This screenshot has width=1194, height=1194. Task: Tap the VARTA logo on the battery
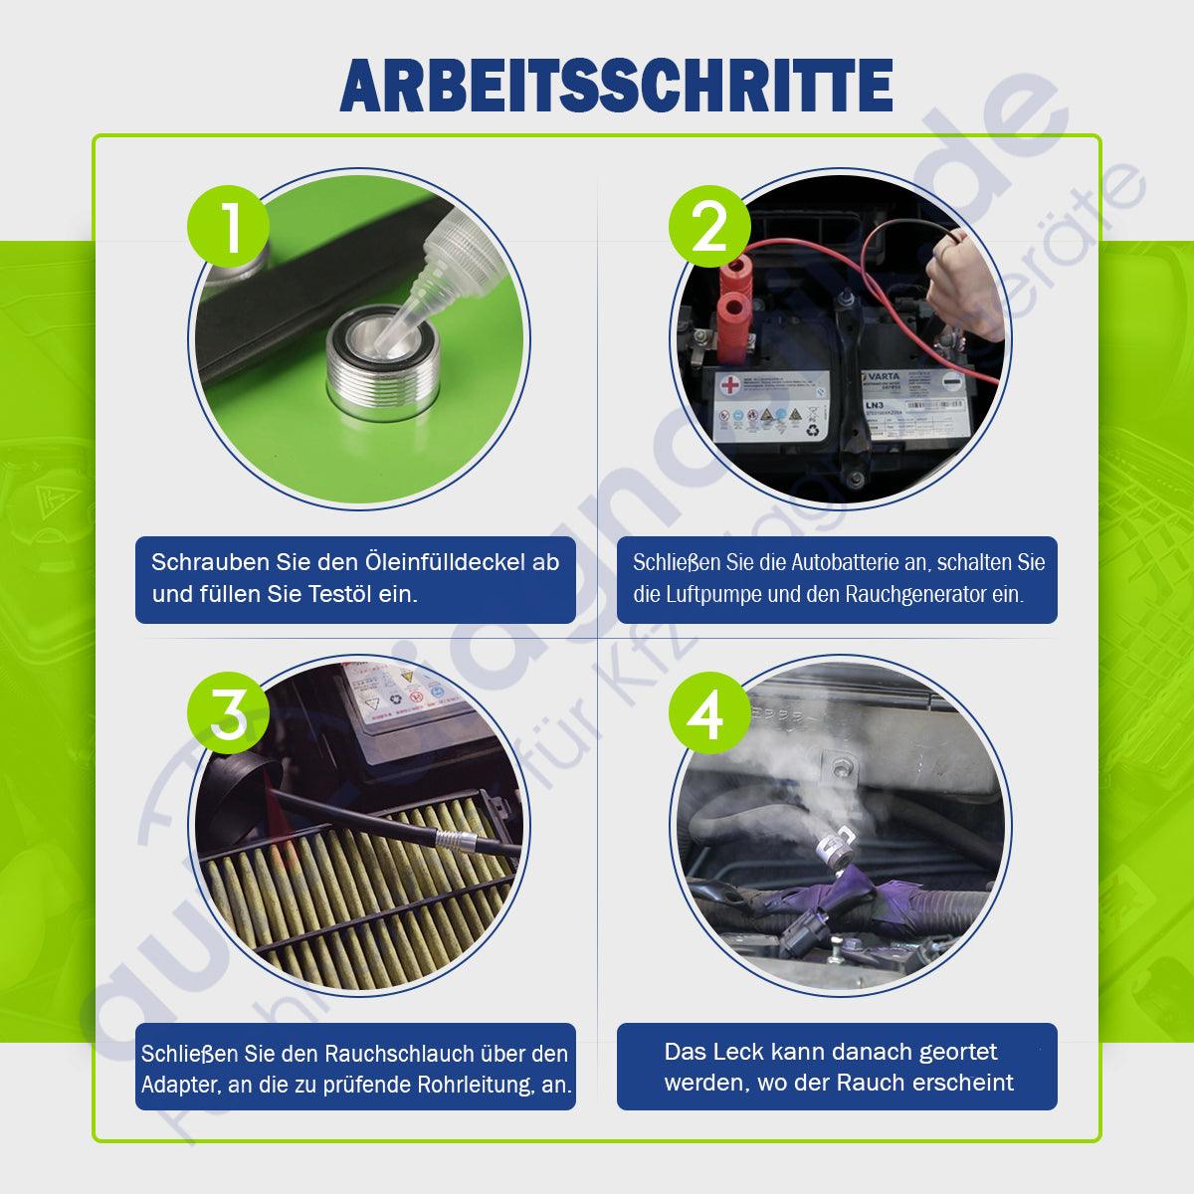pyautogui.click(x=880, y=376)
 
